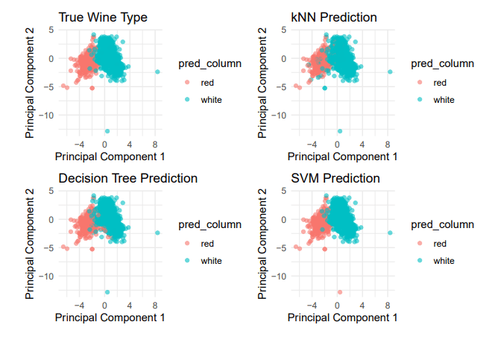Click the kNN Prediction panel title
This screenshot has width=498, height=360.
coord(334,17)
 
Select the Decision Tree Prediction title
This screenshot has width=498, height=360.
coord(127,178)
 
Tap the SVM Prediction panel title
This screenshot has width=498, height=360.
coord(336,178)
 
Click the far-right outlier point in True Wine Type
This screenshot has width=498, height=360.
coord(157,72)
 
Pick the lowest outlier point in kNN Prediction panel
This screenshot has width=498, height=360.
coord(340,131)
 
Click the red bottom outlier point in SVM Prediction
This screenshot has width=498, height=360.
coord(340,292)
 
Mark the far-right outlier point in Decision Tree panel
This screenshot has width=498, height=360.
coord(157,233)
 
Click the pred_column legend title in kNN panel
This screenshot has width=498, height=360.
coord(442,64)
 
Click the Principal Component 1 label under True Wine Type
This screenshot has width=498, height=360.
coord(110,157)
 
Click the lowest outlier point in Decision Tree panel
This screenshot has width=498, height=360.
coord(107,292)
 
